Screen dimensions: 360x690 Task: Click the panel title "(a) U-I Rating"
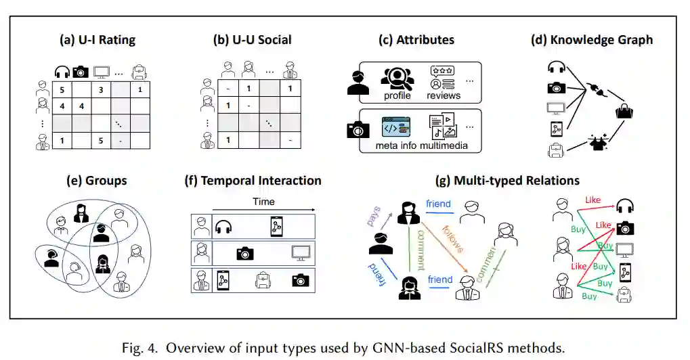pyautogui.click(x=98, y=40)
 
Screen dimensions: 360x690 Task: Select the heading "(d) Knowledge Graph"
pyautogui.click(x=592, y=40)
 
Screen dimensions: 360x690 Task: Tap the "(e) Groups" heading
pyautogui.click(x=97, y=181)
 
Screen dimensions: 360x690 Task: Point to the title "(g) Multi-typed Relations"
pyautogui.click(x=507, y=181)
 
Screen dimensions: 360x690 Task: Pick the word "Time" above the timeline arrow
pyautogui.click(x=263, y=202)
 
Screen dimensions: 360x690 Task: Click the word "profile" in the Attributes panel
pyautogui.click(x=397, y=96)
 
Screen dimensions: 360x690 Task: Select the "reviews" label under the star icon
pyautogui.click(x=444, y=96)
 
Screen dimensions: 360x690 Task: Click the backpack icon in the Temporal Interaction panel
pyautogui.click(x=261, y=279)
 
